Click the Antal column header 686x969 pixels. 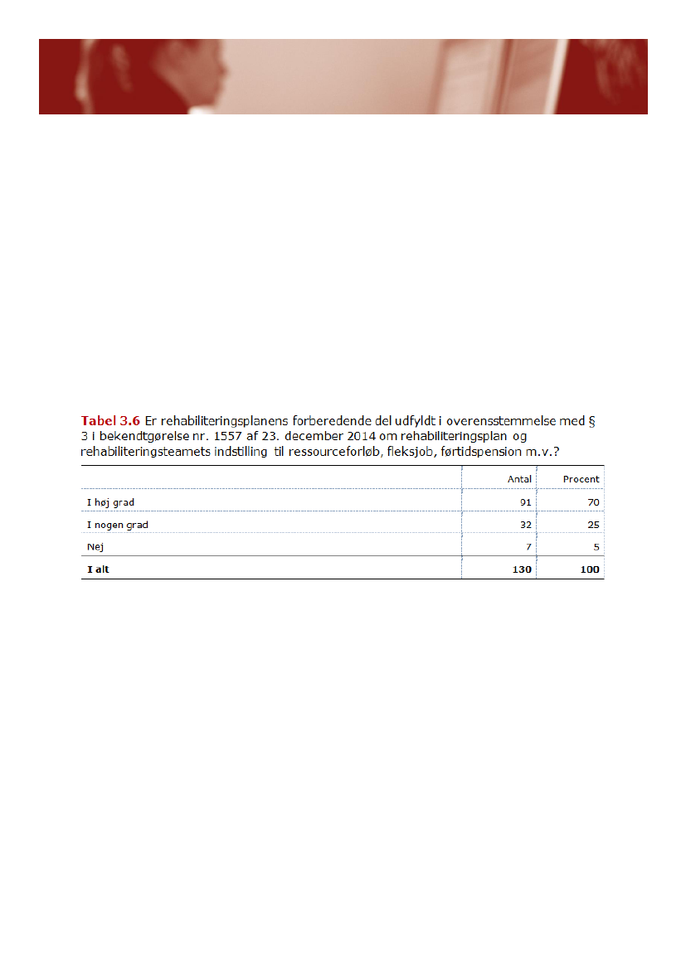519,479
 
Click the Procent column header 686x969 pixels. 581,479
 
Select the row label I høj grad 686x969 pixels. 110,502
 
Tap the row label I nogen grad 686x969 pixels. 117,525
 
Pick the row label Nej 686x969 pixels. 95,547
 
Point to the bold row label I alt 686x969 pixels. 98,569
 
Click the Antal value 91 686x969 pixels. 525,502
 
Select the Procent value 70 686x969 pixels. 593,502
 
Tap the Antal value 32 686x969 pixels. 525,525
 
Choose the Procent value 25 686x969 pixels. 593,525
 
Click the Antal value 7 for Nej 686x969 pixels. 528,547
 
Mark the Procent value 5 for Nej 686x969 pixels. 596,547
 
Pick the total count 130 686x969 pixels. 522,569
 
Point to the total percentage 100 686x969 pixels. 590,569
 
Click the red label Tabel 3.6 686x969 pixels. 110,420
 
